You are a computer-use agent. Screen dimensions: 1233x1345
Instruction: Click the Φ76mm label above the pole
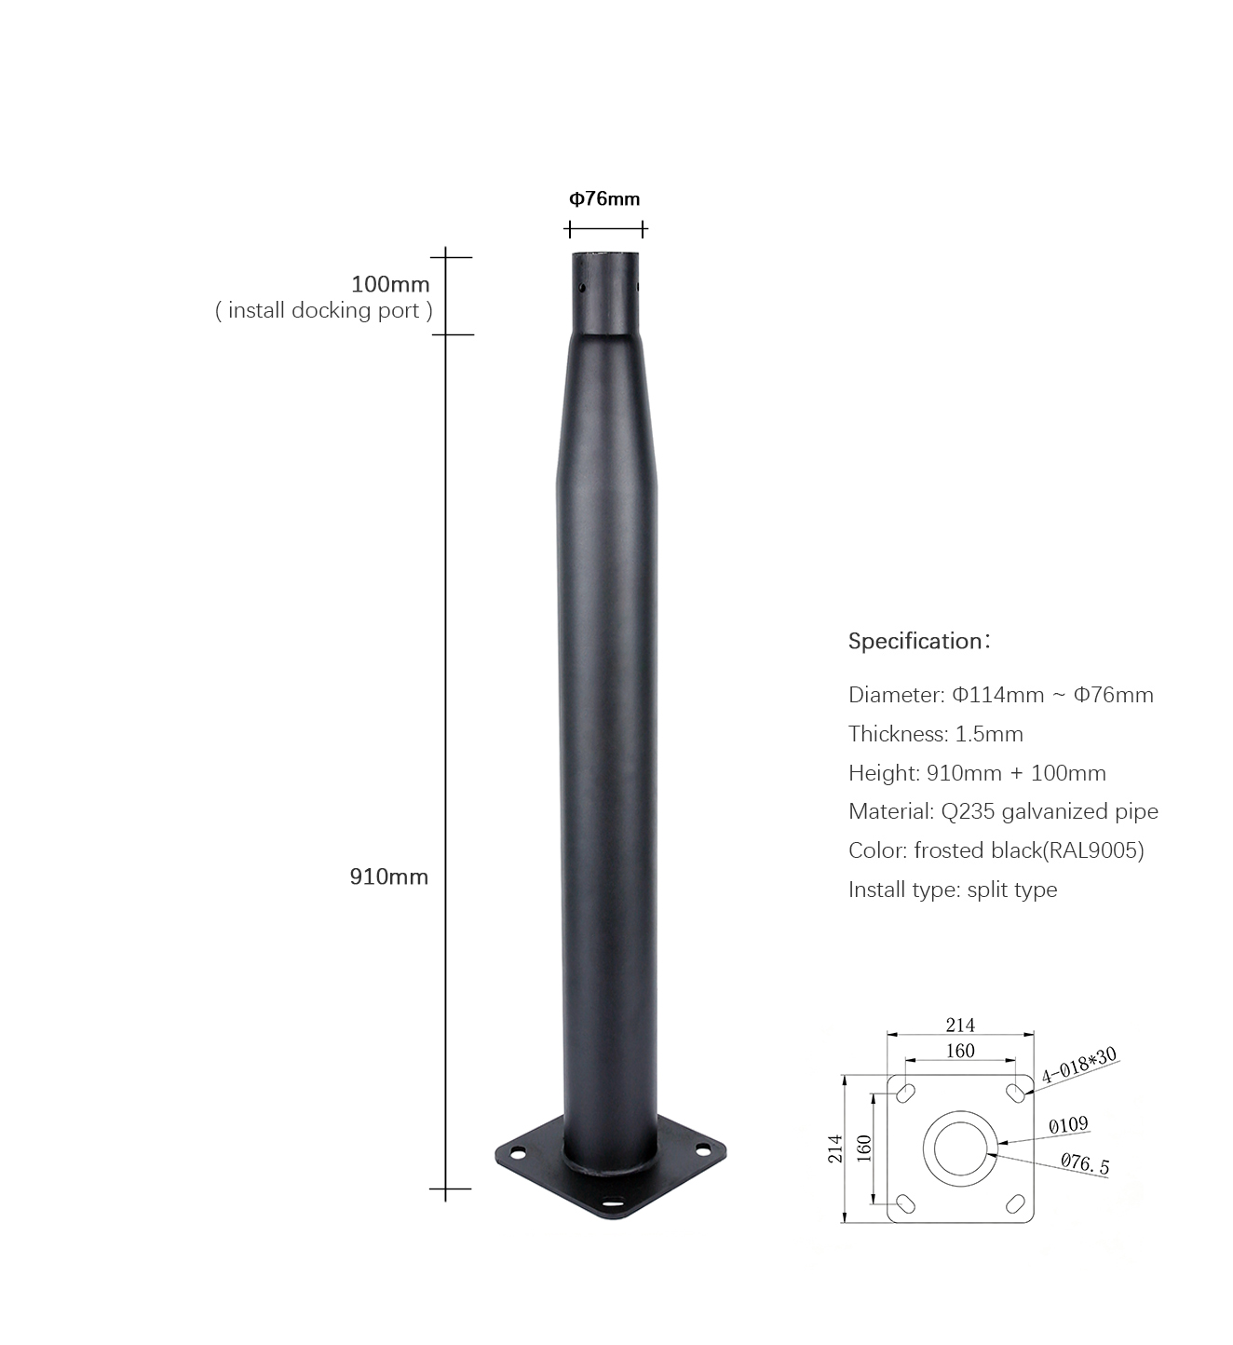point(604,198)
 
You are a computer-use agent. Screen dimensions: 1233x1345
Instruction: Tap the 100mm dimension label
point(390,284)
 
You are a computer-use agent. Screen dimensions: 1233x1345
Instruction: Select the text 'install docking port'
point(324,310)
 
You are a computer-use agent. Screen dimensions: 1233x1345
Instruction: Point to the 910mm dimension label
point(389,876)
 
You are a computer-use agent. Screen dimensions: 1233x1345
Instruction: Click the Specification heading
point(919,641)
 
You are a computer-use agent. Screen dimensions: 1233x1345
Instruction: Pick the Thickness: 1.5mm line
point(935,734)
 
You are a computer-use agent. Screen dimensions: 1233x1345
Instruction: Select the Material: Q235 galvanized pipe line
point(1003,811)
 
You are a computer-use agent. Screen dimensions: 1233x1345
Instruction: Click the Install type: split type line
point(953,890)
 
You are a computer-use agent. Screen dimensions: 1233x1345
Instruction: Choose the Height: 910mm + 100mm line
point(977,773)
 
